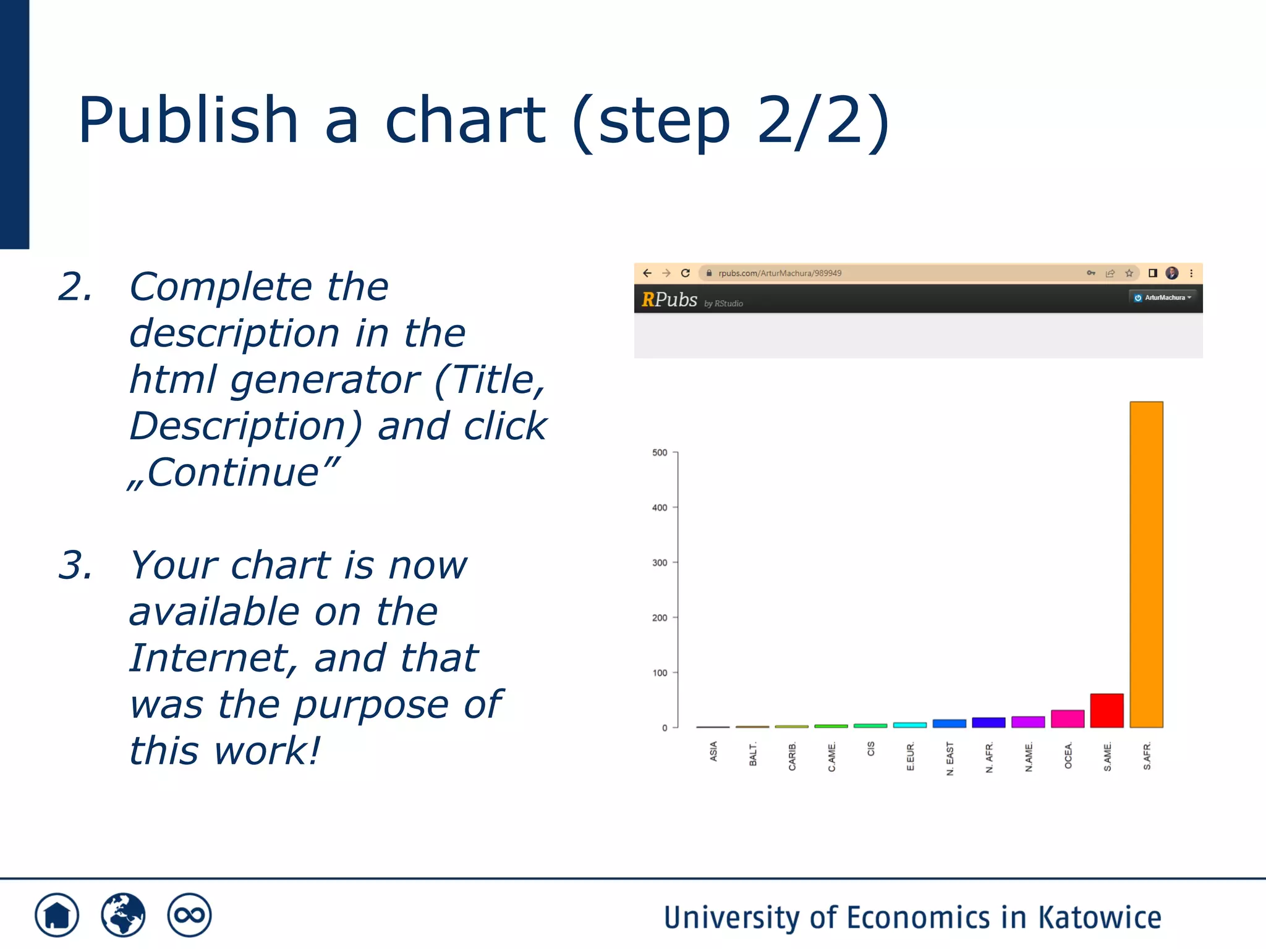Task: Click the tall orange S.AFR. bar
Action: [1146, 563]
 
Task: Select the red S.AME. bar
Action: [1107, 711]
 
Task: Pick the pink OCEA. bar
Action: [1068, 719]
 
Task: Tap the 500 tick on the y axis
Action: [660, 453]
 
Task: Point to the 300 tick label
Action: [660, 563]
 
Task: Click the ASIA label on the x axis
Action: [713, 751]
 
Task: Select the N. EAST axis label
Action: [950, 759]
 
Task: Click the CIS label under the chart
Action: [871, 749]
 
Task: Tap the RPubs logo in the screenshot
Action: [669, 300]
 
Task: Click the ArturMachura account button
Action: [1163, 298]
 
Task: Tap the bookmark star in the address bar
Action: [1129, 273]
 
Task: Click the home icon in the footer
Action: [57, 915]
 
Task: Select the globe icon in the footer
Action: [123, 915]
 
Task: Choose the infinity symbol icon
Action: [189, 915]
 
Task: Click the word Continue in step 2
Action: [233, 473]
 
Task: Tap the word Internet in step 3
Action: [208, 658]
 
